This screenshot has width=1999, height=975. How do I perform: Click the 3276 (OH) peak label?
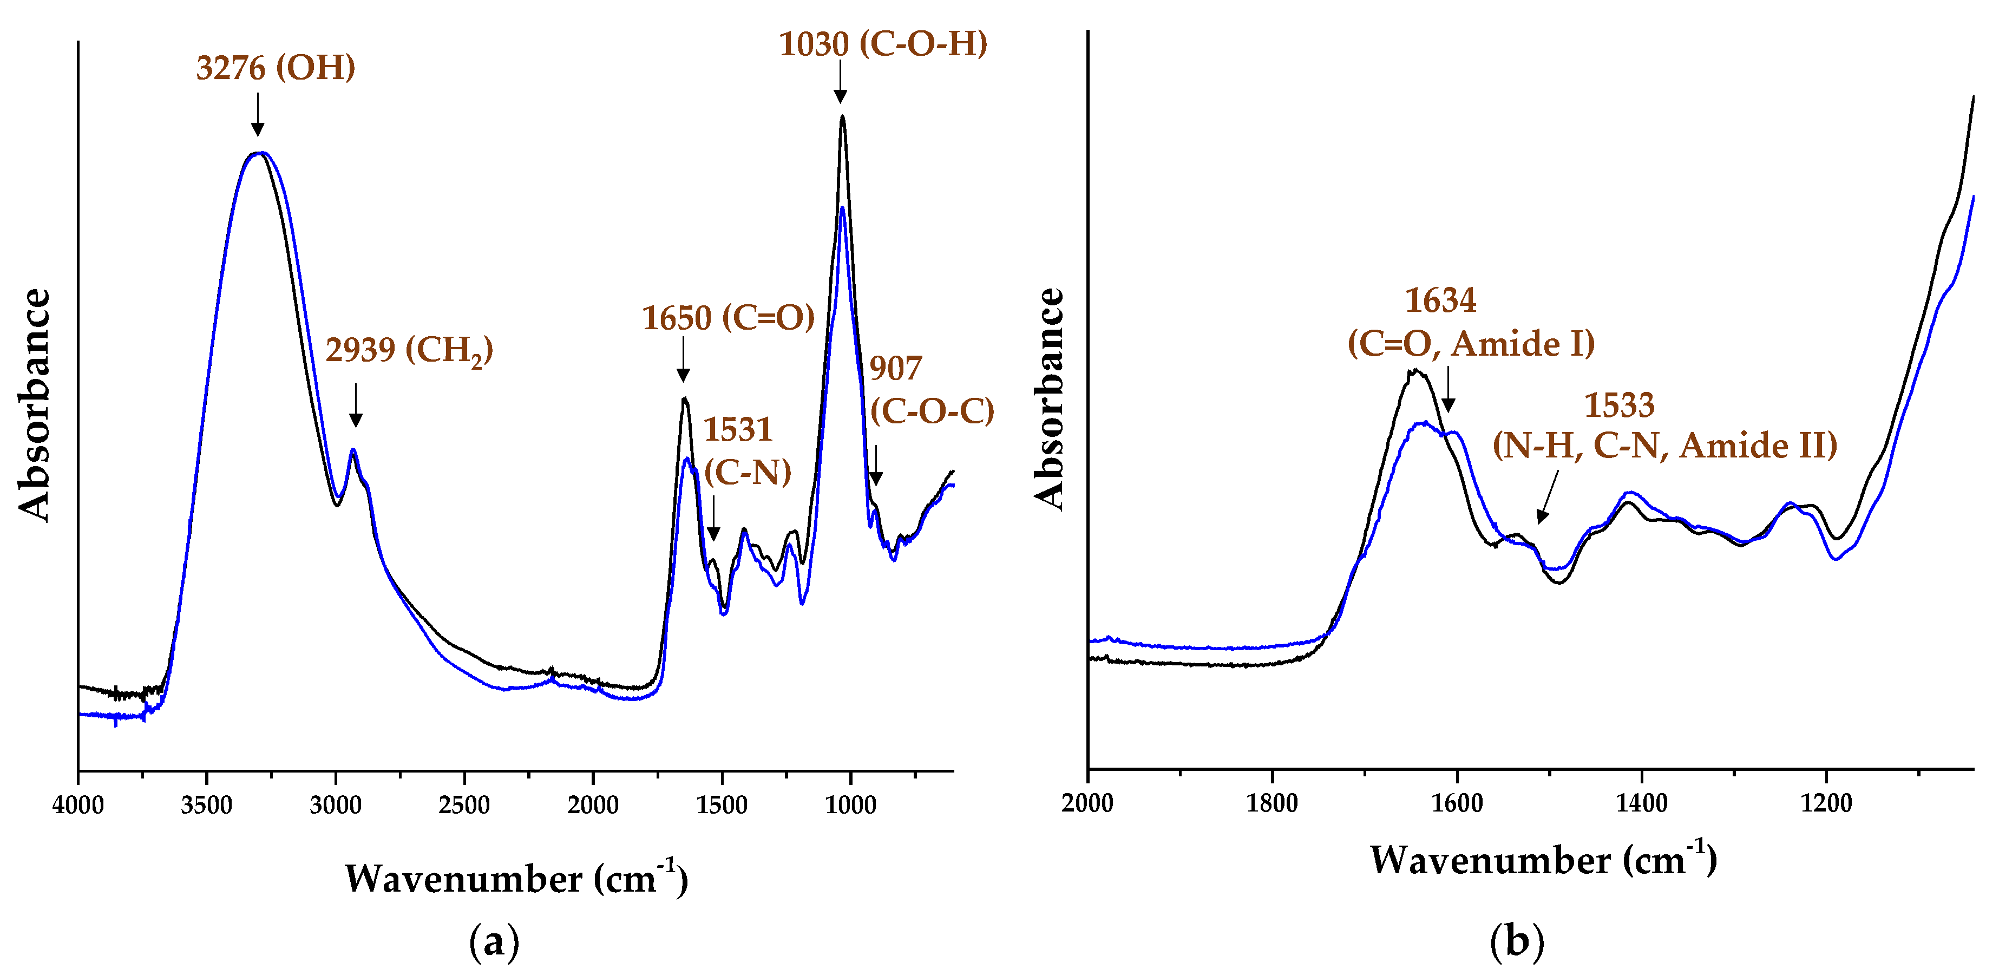(x=276, y=68)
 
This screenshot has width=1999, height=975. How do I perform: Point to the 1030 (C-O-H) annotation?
(x=882, y=44)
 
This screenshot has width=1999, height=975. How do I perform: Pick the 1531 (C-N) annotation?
(x=746, y=451)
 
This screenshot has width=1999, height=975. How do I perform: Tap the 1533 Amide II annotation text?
(x=1664, y=426)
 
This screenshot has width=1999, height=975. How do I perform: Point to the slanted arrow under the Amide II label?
(x=1546, y=499)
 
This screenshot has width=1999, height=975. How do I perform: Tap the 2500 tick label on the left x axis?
(x=463, y=804)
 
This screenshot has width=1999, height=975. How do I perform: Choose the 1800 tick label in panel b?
(x=1272, y=803)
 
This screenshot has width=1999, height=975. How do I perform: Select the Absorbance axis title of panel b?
(x=1049, y=399)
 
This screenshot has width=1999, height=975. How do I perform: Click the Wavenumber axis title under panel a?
(x=516, y=878)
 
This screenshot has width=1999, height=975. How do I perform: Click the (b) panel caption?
(x=1517, y=941)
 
